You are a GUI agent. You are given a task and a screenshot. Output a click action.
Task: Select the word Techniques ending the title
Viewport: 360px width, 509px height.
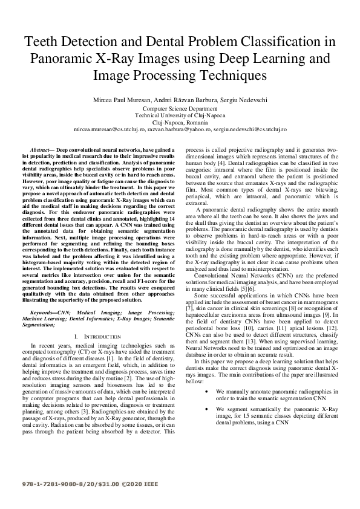pos(228,76)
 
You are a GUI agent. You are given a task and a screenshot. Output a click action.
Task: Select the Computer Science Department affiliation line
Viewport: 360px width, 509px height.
pos(180,109)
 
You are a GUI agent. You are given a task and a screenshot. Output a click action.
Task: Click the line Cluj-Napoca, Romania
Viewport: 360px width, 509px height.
pos(180,122)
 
